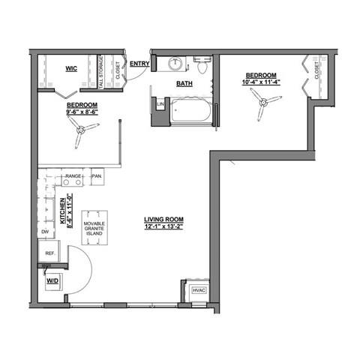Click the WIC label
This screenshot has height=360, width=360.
click(72, 68)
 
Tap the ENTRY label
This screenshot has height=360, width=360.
click(139, 64)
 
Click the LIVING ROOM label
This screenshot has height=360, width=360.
click(163, 219)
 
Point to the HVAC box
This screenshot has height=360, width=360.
click(199, 289)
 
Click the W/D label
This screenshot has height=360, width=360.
click(52, 281)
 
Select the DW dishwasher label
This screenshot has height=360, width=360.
click(45, 232)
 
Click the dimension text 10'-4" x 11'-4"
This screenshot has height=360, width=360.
click(261, 83)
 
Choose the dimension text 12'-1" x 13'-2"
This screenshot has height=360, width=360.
click(163, 227)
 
